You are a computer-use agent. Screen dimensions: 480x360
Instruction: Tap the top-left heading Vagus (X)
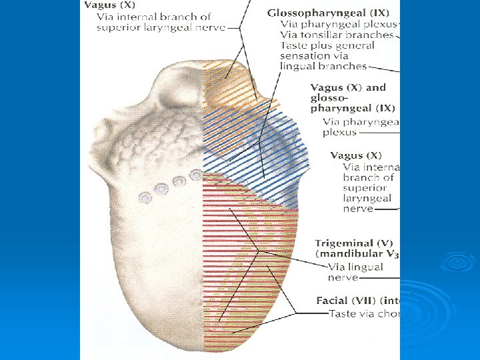point(109,5)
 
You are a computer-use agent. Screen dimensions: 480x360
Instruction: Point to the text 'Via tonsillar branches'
point(337,35)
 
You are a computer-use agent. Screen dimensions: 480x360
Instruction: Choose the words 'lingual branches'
point(324,66)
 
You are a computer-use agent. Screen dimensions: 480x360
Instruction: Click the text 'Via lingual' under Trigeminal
point(355,267)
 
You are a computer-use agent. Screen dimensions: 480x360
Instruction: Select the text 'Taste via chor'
point(363,313)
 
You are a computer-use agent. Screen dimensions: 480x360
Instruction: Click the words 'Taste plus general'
point(328,45)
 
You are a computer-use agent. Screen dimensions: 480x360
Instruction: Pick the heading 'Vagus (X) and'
point(348,87)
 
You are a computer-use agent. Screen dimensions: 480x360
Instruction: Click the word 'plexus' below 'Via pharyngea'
point(340,132)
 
